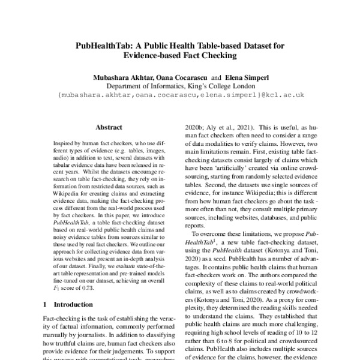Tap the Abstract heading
109,128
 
